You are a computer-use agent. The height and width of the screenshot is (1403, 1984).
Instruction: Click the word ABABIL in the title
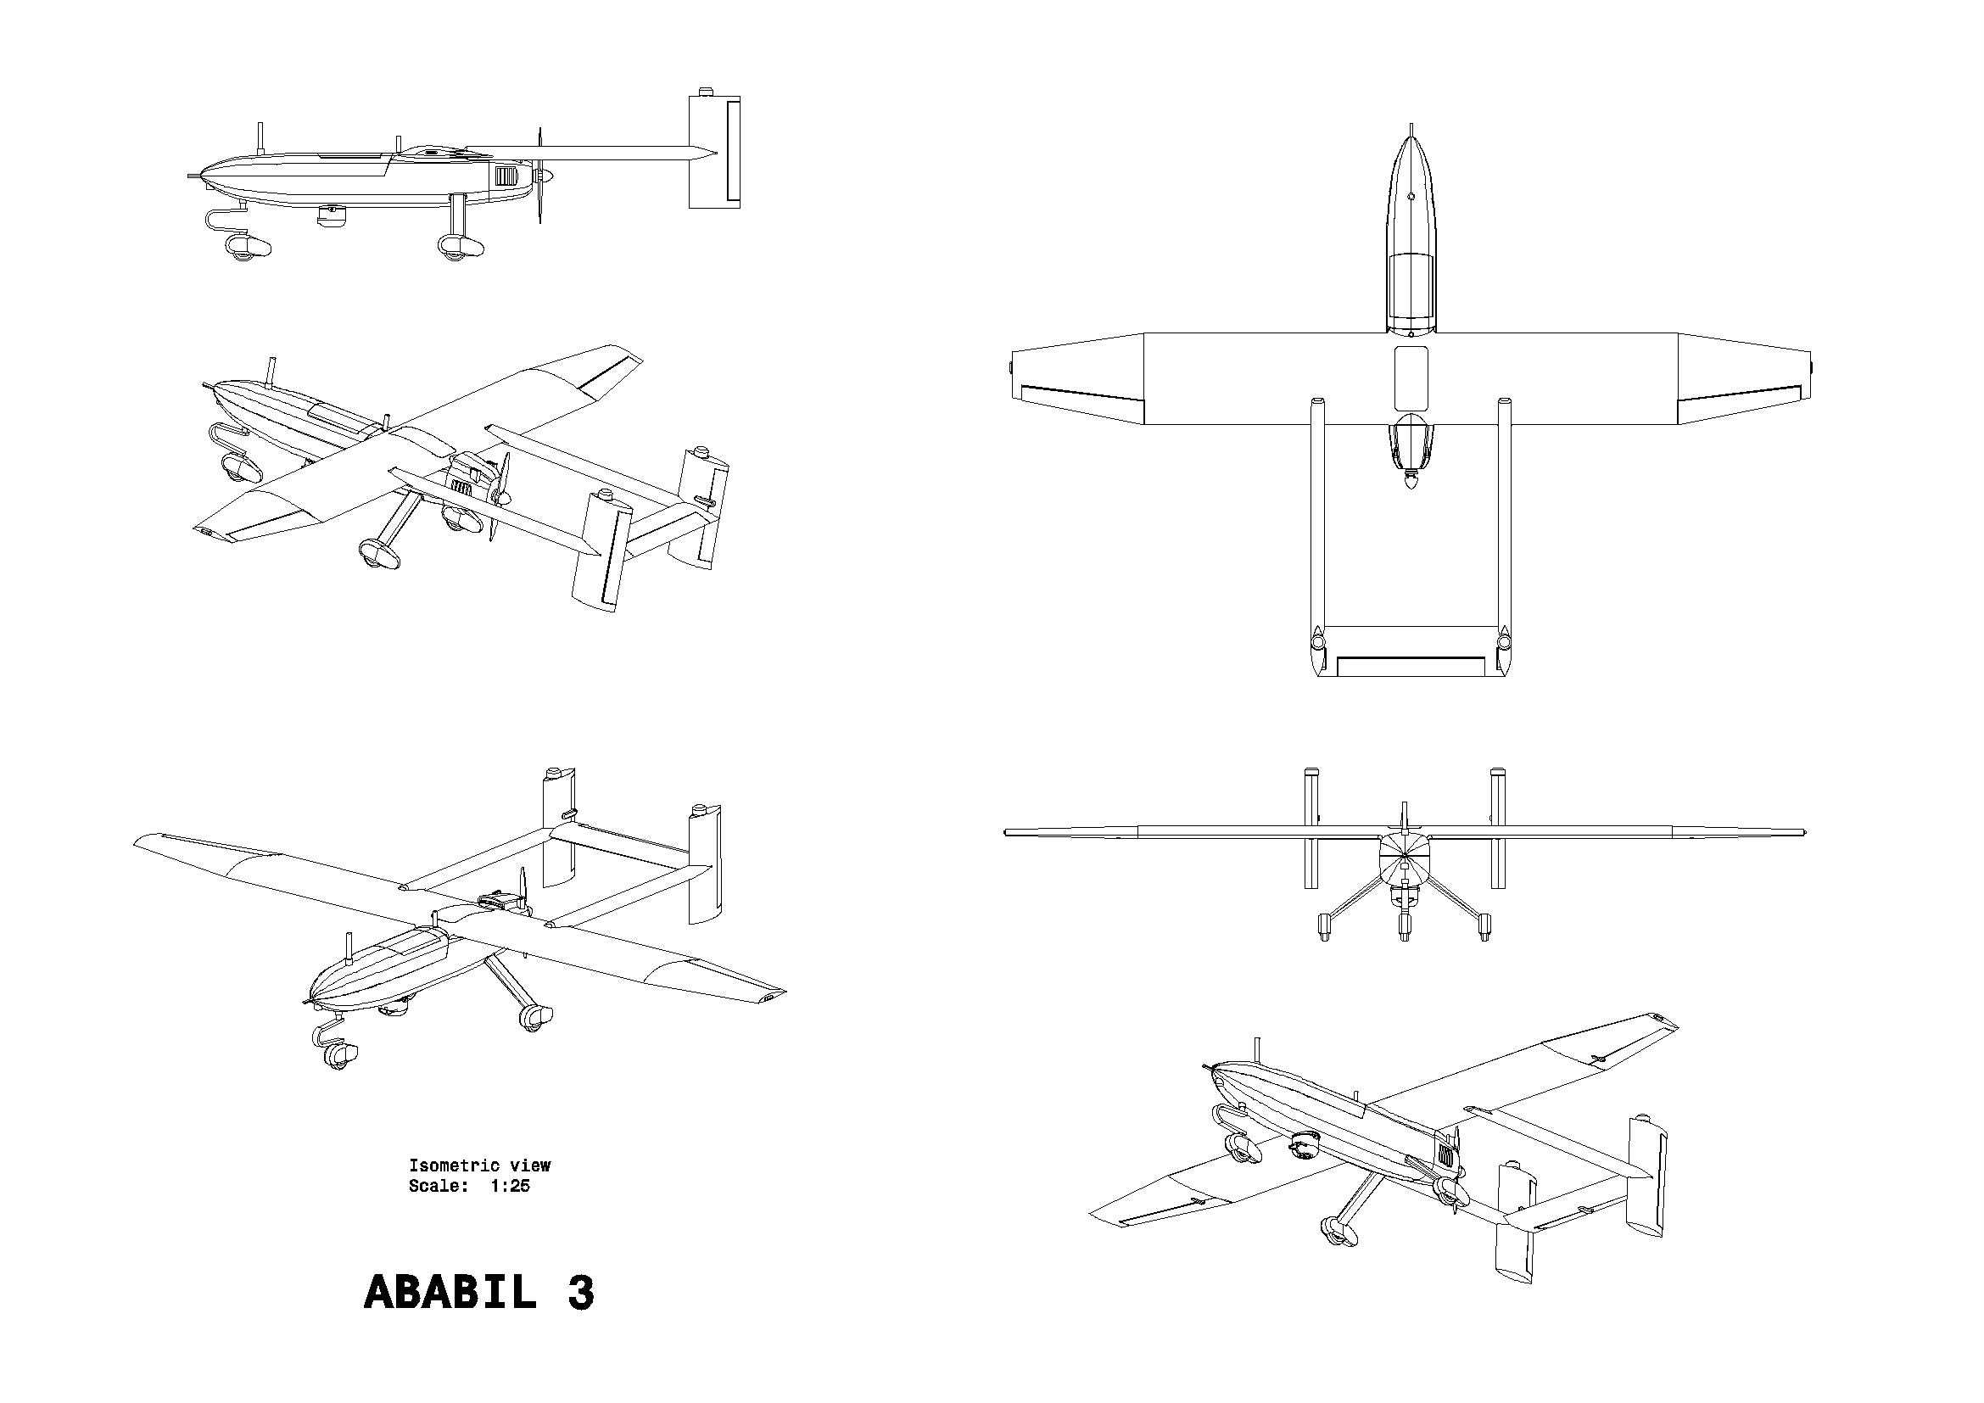pos(450,1293)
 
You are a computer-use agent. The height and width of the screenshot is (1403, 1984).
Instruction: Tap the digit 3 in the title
pos(581,1293)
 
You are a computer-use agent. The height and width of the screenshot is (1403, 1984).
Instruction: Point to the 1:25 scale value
pos(510,1186)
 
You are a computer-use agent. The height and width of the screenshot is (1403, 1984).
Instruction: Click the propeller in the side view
pos(541,176)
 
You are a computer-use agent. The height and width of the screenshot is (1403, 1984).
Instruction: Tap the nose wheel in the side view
pos(244,248)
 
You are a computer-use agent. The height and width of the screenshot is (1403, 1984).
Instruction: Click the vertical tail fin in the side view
pos(713,151)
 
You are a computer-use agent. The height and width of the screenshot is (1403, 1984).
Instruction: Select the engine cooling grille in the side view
pos(506,178)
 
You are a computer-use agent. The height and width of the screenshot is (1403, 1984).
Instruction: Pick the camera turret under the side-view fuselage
pos(330,217)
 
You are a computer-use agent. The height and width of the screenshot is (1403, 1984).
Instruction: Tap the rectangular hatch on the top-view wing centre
pos(1411,377)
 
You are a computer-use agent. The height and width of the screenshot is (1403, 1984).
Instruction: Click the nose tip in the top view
pos(1411,127)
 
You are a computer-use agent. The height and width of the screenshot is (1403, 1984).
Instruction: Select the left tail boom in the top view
pos(1318,535)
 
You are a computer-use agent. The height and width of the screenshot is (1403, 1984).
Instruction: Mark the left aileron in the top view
pos(1083,397)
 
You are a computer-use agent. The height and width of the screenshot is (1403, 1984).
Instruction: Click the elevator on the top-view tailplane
pos(1411,666)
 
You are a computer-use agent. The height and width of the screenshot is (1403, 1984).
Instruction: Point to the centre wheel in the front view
pos(1404,927)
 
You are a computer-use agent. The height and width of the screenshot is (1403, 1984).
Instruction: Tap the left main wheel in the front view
pos(1323,926)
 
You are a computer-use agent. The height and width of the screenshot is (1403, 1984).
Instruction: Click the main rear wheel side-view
pos(459,248)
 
